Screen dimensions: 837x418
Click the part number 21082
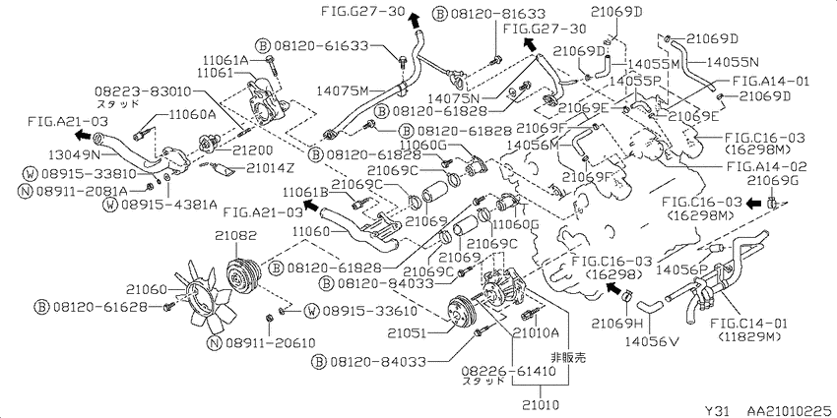(x=236, y=235)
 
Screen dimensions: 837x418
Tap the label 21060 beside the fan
(x=148, y=289)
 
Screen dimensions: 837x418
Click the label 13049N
(x=73, y=154)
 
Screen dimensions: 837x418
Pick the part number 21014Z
(x=270, y=168)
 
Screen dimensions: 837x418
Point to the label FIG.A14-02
(x=767, y=166)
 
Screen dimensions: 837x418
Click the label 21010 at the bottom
(x=540, y=404)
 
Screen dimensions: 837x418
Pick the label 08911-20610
(x=270, y=343)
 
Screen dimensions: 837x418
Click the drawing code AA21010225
(x=789, y=410)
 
